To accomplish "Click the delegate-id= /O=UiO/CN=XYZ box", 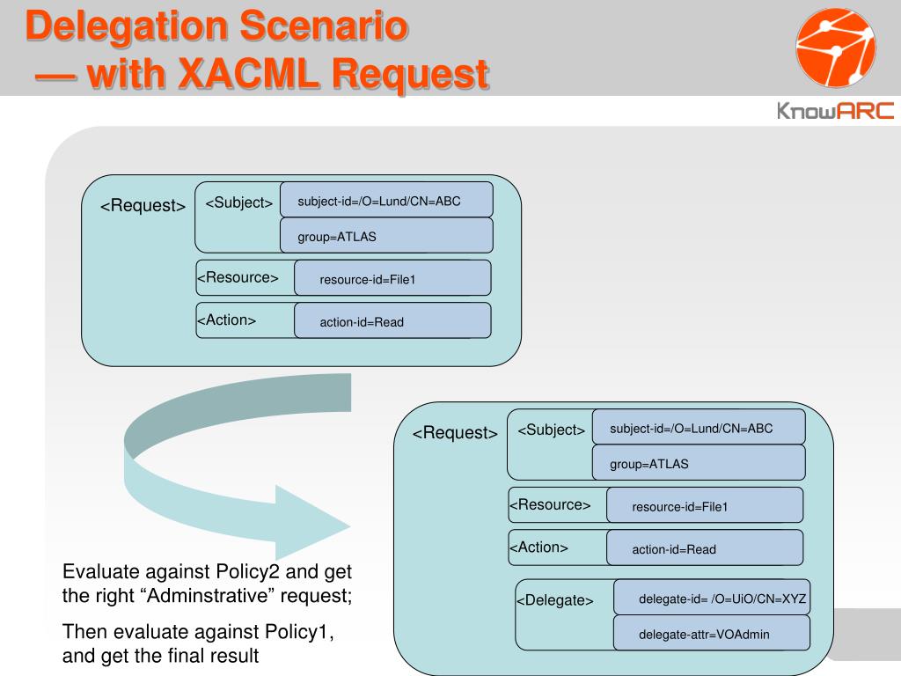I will point(711,598).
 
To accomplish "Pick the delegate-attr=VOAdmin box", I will point(711,633).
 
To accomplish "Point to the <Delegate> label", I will point(554,600).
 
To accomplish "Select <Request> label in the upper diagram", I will point(143,206).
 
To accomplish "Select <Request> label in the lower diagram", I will point(455,433).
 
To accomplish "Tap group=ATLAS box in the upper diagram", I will point(386,236).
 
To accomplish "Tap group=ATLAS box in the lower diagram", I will point(699,463).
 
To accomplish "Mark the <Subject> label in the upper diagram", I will point(238,203).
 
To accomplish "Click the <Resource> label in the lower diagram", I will point(550,505).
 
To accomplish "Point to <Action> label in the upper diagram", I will point(226,320).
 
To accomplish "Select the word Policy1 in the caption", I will point(299,632).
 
